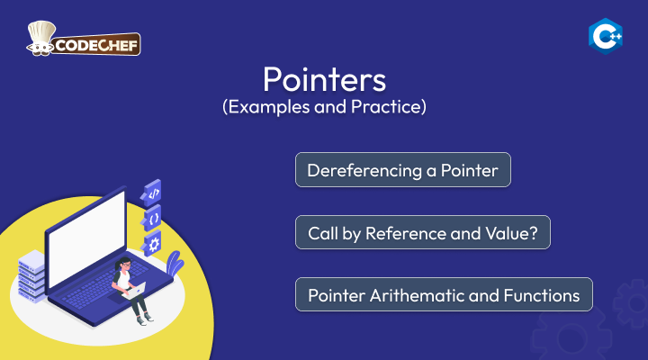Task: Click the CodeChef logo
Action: pos(84,39)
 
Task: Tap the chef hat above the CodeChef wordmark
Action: pos(41,33)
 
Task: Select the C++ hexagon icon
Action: pos(606,36)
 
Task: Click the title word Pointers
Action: pos(324,79)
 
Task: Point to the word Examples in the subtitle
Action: pos(269,106)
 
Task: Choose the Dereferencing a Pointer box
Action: pos(403,170)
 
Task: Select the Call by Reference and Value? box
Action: pos(423,232)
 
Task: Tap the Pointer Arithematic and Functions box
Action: pos(444,294)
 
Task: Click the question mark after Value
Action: pos(533,233)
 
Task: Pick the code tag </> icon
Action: pos(152,193)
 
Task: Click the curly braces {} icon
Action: pos(152,219)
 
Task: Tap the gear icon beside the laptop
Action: pos(152,245)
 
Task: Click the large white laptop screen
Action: pos(86,239)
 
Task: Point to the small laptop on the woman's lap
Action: pos(135,290)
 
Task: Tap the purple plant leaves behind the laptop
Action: pos(175,263)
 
